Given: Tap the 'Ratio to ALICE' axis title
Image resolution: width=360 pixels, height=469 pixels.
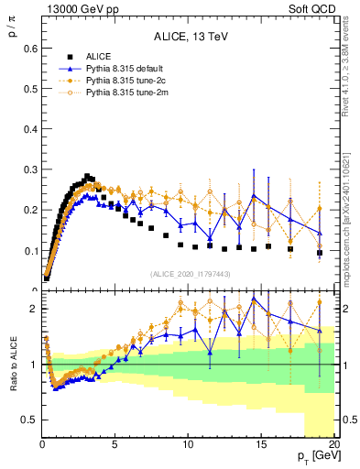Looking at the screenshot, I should pos(12,366).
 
